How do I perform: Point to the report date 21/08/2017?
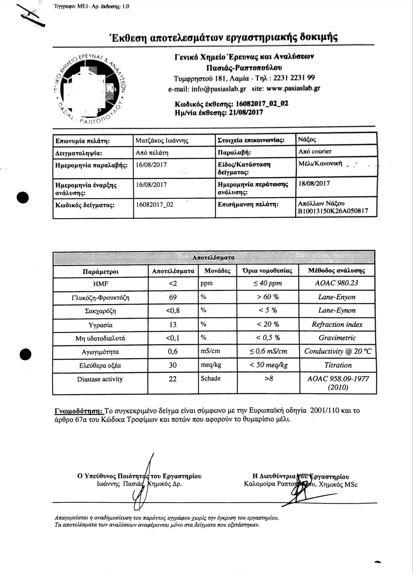[243, 112]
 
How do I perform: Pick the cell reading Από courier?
[315, 151]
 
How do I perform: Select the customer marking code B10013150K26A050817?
[332, 212]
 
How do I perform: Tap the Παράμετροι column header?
[101, 271]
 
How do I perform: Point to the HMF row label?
[101, 284]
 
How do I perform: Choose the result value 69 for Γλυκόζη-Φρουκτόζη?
[173, 297]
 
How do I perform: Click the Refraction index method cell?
[337, 325]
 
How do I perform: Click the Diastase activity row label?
[100, 379]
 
